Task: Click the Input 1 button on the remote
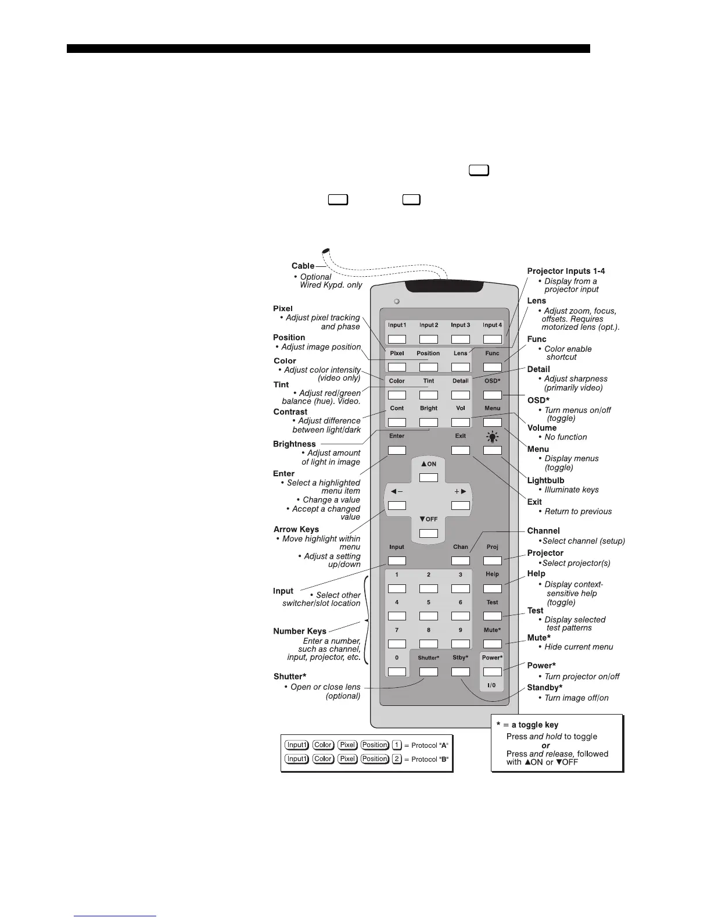(x=397, y=339)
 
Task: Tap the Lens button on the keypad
(x=461, y=367)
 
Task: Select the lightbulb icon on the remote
(x=493, y=436)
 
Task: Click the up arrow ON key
(x=429, y=477)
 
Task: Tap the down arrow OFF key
(x=429, y=533)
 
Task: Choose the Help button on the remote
(x=493, y=588)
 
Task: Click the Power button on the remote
(x=492, y=672)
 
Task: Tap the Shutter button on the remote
(x=429, y=672)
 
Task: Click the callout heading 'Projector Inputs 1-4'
(x=566, y=271)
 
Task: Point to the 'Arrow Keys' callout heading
(x=296, y=529)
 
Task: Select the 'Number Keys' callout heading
(x=300, y=631)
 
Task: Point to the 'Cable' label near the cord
(x=303, y=266)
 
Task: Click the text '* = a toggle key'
(x=527, y=724)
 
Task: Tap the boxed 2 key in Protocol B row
(x=397, y=759)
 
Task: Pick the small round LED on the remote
(x=397, y=302)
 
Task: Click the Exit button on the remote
(x=461, y=450)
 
